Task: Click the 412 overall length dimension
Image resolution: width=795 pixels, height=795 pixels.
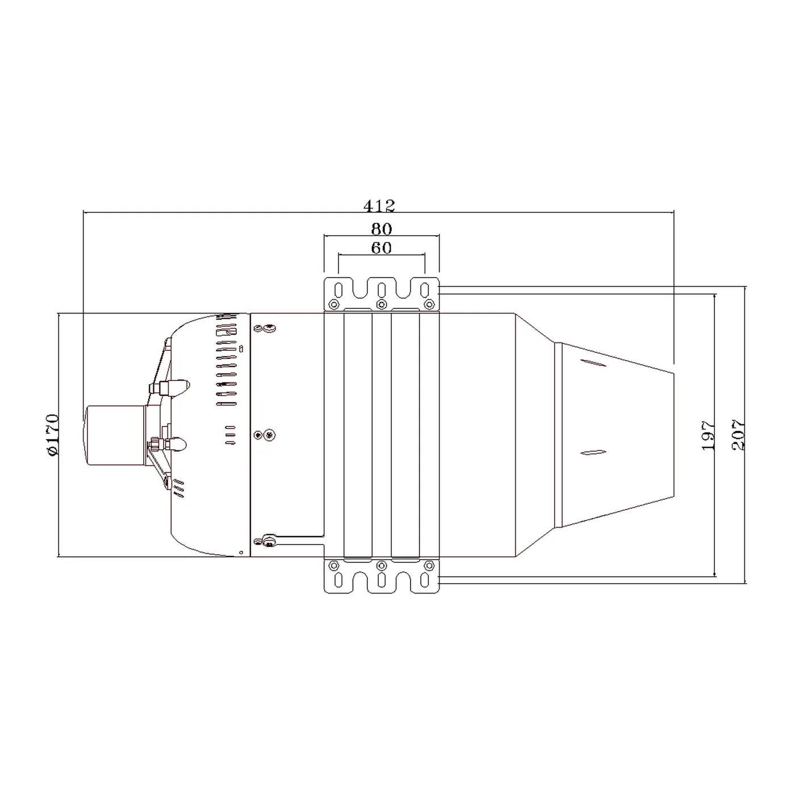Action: [379, 205]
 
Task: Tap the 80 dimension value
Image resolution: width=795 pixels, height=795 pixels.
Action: [381, 228]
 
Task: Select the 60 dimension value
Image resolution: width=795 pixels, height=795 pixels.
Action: [381, 248]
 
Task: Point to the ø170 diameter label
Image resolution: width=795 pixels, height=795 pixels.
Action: [53, 435]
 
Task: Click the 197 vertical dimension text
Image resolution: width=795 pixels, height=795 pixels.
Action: [708, 436]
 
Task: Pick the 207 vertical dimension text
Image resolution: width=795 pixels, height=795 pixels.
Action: [738, 435]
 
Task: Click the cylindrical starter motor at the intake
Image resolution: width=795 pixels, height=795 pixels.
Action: [114, 436]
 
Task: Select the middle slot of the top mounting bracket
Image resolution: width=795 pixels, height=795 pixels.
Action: [382, 290]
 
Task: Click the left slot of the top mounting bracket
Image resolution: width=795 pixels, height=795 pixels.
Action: [338, 290]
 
